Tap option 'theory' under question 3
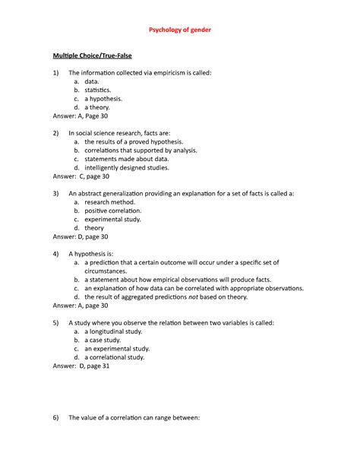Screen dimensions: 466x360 pyautogui.click(x=94, y=228)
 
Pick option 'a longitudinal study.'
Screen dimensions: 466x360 pyautogui.click(x=117, y=331)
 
